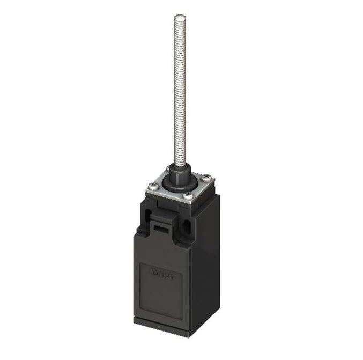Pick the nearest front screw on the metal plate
coord(188,196)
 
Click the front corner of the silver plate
coord(191,203)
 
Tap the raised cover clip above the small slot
coord(161,217)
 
